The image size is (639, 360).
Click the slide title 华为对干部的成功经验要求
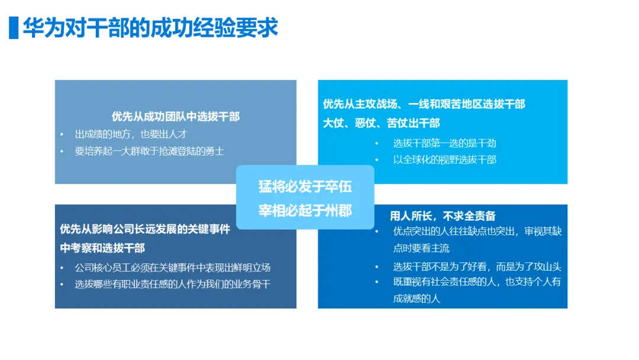coord(150,28)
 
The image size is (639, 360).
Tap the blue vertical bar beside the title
coord(13,28)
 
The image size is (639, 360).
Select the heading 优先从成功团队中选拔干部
coord(176,117)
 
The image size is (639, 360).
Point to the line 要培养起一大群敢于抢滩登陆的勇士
coord(149,150)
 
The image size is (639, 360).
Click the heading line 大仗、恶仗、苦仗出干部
coord(381,123)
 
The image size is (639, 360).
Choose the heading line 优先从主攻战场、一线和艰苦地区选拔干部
coord(424,104)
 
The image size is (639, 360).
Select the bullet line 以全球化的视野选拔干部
coord(444,159)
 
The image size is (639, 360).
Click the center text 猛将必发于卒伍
coord(305,187)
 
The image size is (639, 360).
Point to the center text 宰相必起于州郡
coord(305,211)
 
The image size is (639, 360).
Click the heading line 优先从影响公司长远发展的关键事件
coord(145,229)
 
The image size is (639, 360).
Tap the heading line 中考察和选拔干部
coord(102,247)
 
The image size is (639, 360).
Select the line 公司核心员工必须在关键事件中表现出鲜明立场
coord(173,267)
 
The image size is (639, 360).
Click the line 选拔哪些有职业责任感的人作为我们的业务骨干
coord(173,284)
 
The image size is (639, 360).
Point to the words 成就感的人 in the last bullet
coord(417,298)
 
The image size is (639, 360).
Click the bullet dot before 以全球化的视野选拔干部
coord(377,160)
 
